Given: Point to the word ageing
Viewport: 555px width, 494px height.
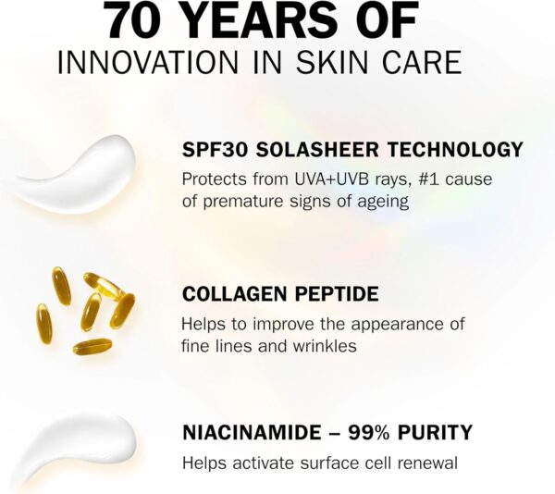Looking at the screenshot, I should (380, 201).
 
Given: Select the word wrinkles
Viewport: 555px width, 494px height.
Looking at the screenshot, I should (325, 345).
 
